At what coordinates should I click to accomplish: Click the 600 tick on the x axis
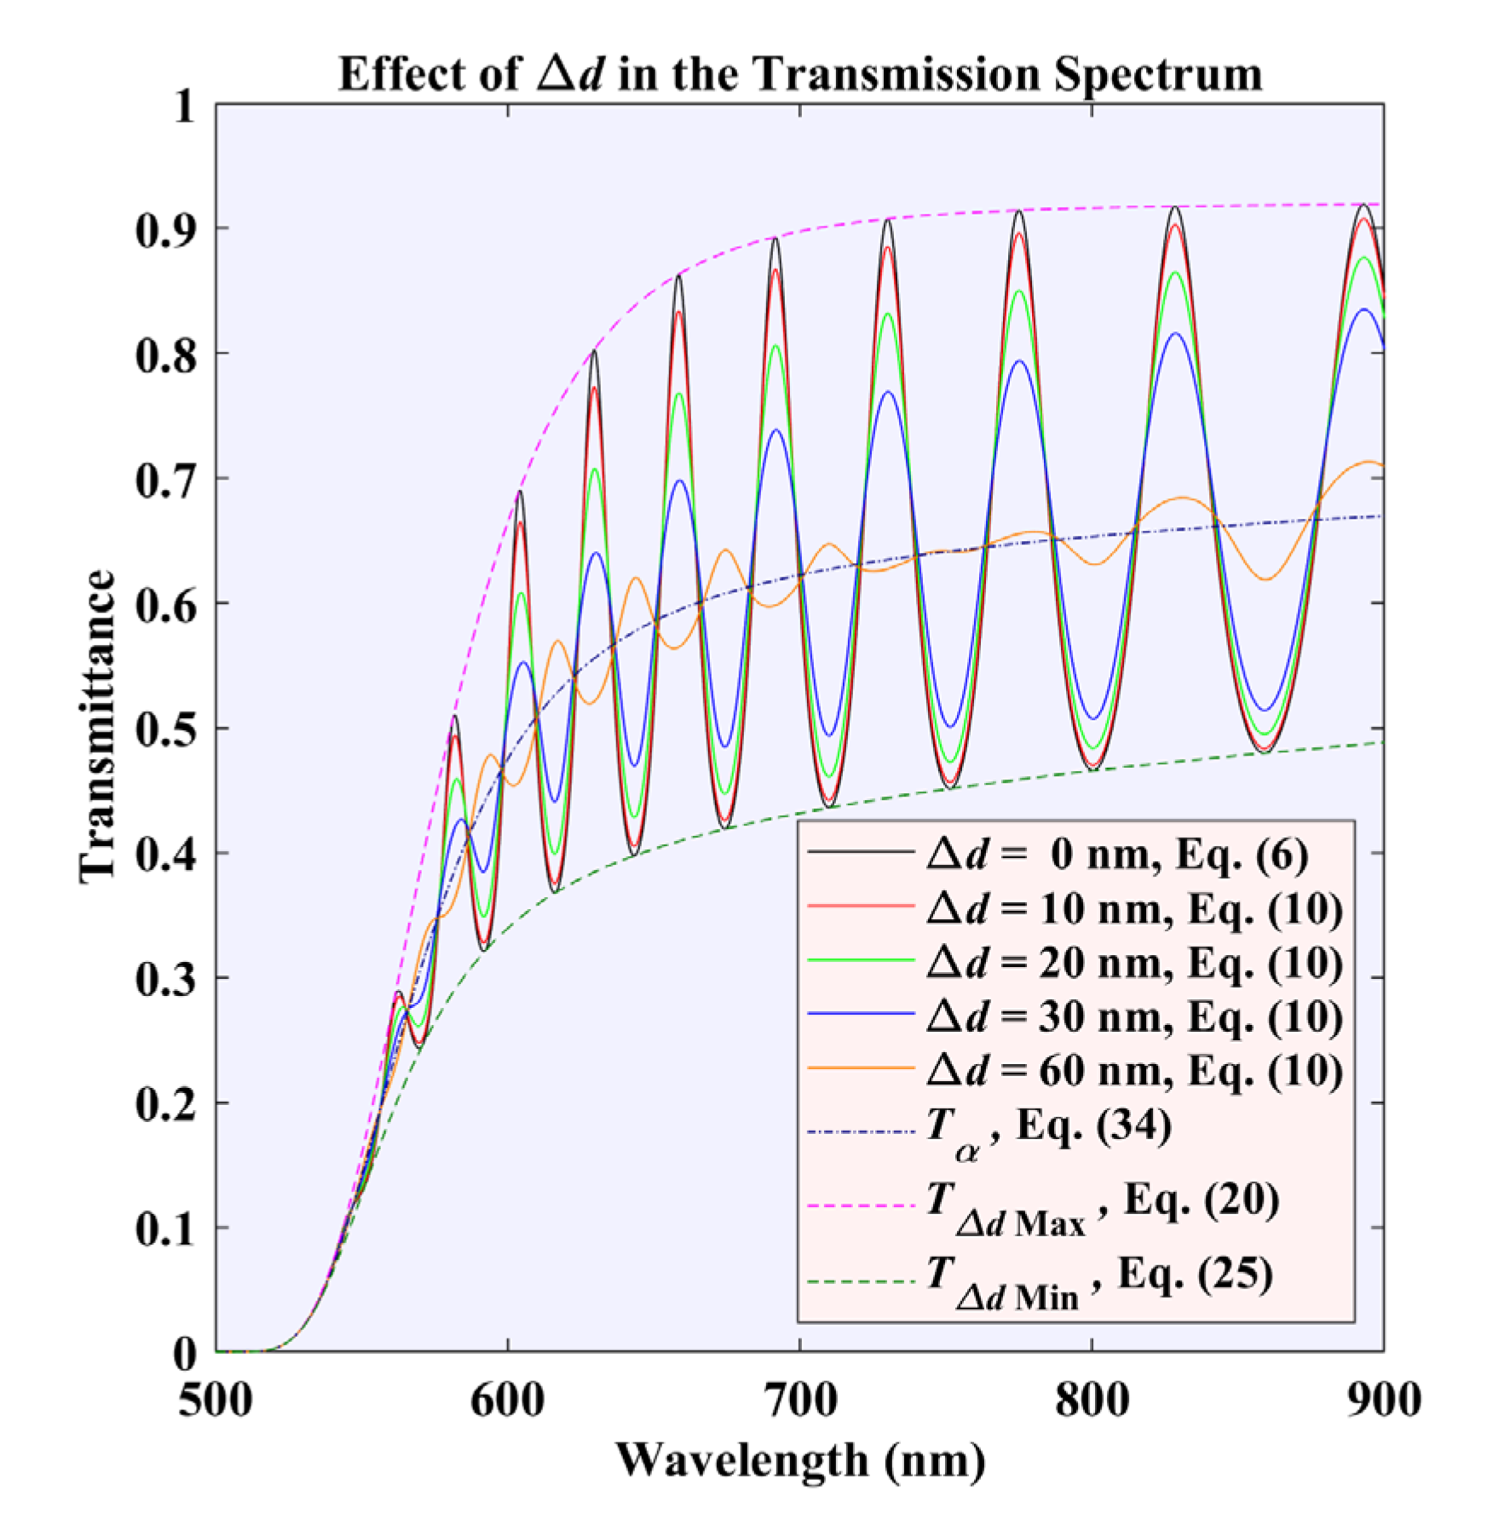point(508,1401)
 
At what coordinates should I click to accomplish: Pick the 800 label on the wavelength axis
point(1092,1401)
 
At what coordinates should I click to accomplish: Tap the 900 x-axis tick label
point(1382,1401)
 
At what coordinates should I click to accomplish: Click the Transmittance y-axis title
point(96,727)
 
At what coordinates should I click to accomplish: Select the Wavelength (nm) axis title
point(799,1462)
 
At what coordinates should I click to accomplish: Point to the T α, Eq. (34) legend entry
point(1048,1130)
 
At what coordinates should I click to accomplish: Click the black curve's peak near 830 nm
point(1176,207)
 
